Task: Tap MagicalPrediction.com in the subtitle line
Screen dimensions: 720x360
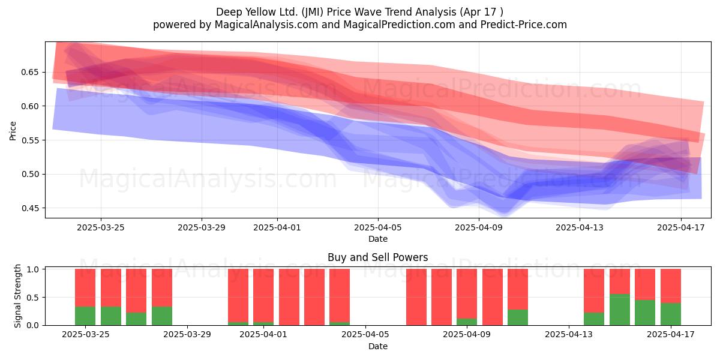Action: (399, 25)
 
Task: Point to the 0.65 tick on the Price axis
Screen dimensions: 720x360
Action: (30, 72)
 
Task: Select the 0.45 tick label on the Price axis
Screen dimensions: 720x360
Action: (30, 208)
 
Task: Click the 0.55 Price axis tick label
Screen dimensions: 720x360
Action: (30, 140)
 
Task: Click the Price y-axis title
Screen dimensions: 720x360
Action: (13, 131)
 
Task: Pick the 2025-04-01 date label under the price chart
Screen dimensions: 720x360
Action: (277, 227)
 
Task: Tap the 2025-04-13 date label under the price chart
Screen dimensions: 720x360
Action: (580, 227)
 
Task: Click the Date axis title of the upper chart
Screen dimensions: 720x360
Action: (378, 239)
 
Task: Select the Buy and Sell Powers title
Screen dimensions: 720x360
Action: (377, 257)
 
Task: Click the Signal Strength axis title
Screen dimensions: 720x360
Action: (17, 296)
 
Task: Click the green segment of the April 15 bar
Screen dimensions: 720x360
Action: (620, 310)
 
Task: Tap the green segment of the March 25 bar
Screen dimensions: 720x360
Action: (85, 316)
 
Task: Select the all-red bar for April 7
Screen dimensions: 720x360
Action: (416, 297)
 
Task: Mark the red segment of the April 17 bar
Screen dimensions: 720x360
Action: (671, 286)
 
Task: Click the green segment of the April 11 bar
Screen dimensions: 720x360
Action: (518, 317)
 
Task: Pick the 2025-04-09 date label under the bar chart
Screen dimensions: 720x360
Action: (467, 334)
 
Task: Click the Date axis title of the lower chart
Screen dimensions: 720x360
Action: (378, 346)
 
